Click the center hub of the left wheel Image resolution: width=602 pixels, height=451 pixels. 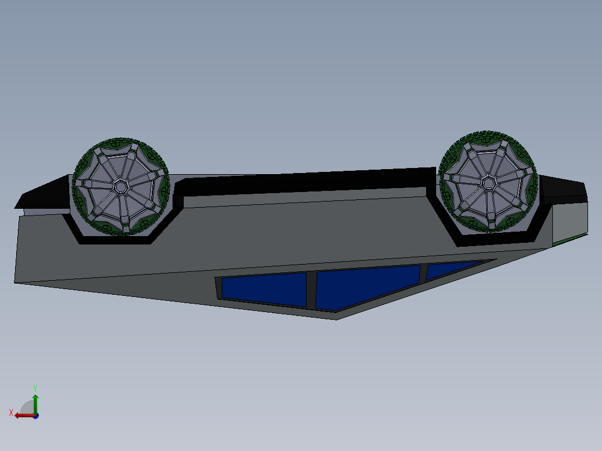point(121,187)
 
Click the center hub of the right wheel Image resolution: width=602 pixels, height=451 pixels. point(488,182)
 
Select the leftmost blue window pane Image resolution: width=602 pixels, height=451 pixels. point(264,289)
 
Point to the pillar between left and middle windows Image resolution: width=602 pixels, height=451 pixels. point(311,290)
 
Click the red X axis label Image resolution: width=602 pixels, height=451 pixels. point(11,413)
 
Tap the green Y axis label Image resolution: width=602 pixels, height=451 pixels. point(35,388)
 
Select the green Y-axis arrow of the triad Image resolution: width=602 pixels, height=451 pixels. point(35,404)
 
